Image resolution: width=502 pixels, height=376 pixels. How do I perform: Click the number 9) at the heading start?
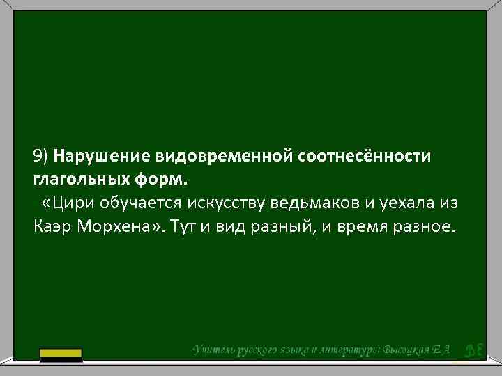click(x=41, y=155)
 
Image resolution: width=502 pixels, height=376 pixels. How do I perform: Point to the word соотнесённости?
click(x=365, y=155)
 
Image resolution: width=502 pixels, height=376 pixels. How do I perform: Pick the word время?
click(x=363, y=226)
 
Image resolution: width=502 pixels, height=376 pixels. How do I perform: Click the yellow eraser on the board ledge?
click(x=61, y=355)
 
